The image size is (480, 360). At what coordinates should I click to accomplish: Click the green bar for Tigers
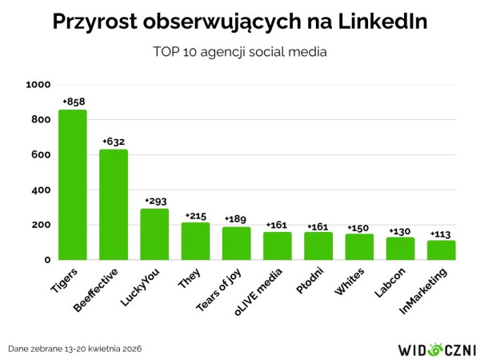coord(72,185)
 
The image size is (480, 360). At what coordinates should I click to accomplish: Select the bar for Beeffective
coord(114,205)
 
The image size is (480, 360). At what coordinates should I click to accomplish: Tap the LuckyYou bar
coord(154,234)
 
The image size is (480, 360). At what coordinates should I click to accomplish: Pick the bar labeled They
coord(195,241)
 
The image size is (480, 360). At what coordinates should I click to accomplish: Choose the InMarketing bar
coord(441,250)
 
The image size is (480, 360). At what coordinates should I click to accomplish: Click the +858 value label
coord(73,102)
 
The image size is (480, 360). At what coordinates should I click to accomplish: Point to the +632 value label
coord(114,142)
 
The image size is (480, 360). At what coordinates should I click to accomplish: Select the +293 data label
coord(154,202)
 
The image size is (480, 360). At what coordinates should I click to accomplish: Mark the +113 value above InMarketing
coord(441,233)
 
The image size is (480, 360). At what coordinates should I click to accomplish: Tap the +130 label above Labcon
coord(400,230)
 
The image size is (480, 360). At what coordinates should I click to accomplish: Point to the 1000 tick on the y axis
coord(38,85)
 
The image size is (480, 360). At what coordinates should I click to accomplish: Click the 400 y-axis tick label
coord(42,190)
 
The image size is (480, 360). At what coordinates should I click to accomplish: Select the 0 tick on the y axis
coord(47,260)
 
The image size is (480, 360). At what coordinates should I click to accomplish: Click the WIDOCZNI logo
coord(437,349)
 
